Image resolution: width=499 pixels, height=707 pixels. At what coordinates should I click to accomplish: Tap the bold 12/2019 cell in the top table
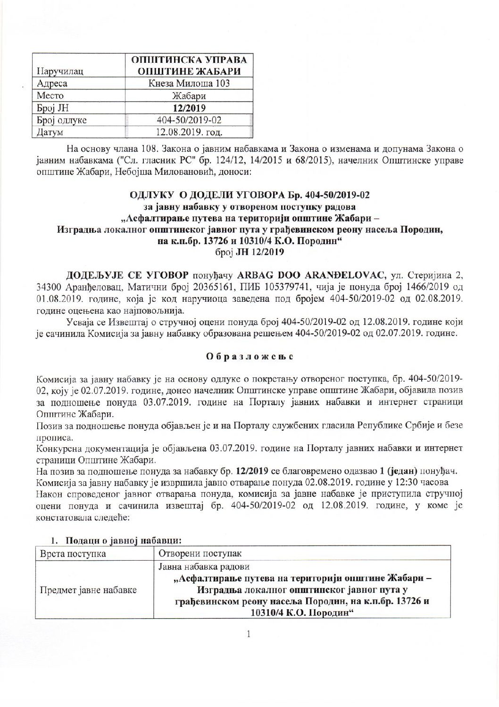pos(189,108)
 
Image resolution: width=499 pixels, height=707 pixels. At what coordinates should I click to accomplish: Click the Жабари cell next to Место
pos(189,96)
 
